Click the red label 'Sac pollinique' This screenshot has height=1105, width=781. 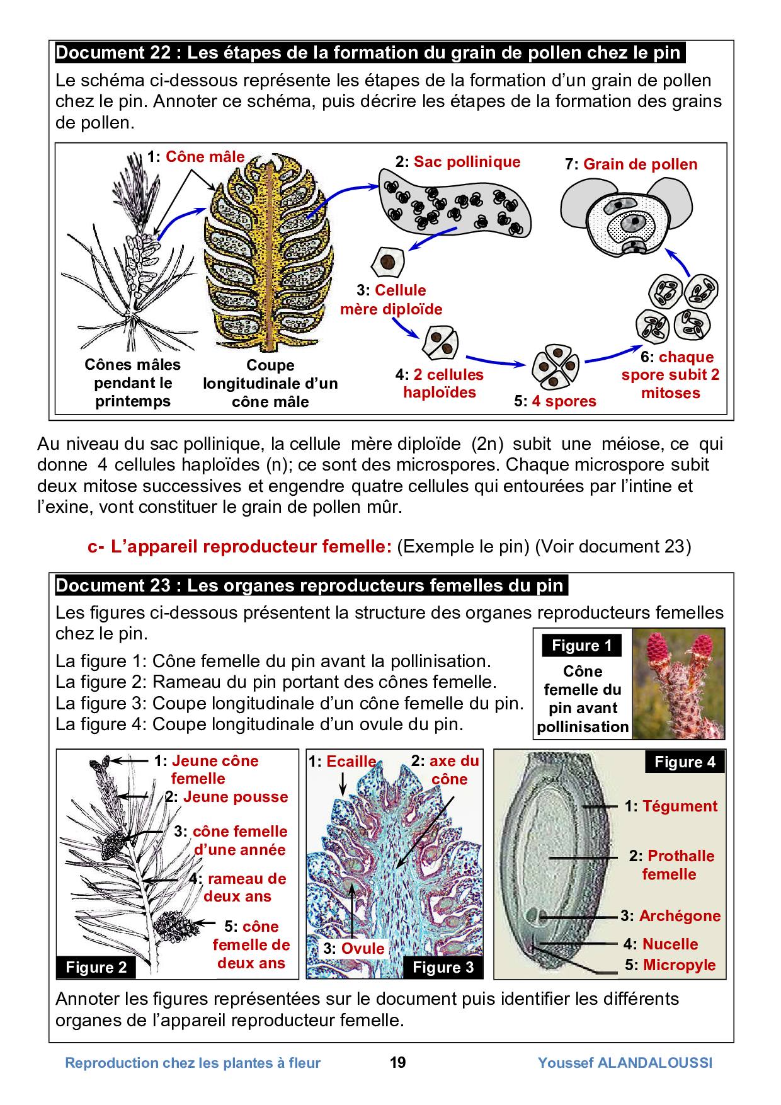coord(467,162)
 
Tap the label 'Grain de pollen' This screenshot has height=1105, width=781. coord(640,165)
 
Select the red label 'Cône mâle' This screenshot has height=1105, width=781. coord(205,157)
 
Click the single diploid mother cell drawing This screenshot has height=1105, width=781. coord(387,263)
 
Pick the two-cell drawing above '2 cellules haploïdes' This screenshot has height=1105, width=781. coord(440,343)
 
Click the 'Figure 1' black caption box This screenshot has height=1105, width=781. coord(581,645)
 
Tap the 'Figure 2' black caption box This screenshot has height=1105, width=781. coord(96,967)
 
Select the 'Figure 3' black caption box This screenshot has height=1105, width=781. coord(443,967)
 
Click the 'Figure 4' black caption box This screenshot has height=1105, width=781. coord(685,762)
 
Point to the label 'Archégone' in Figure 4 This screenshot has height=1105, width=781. coord(680,916)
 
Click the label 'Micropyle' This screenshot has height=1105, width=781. coord(679,965)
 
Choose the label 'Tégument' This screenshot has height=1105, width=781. coord(680,806)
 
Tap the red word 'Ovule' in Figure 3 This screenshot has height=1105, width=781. coord(362,949)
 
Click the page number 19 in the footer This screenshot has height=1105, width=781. coord(398,1063)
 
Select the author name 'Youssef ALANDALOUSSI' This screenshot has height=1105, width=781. coord(625,1063)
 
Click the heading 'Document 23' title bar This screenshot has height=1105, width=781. coord(312,585)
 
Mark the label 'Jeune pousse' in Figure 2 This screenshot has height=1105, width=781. coord(235,797)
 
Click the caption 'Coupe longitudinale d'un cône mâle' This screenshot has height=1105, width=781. coord(270,383)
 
